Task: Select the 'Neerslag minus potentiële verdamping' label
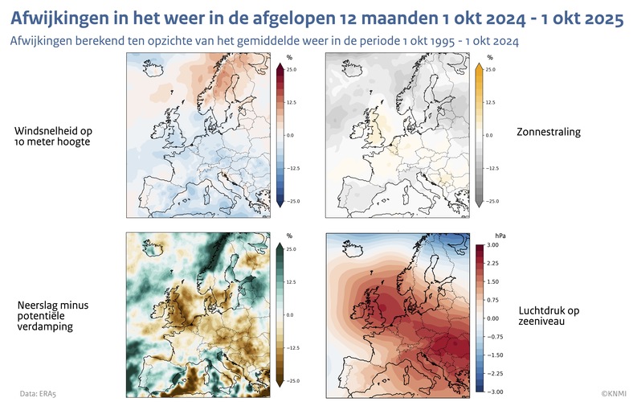[55, 316]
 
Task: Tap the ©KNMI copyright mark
[613, 393]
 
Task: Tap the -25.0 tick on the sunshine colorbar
[491, 201]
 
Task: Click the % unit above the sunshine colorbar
[490, 58]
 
